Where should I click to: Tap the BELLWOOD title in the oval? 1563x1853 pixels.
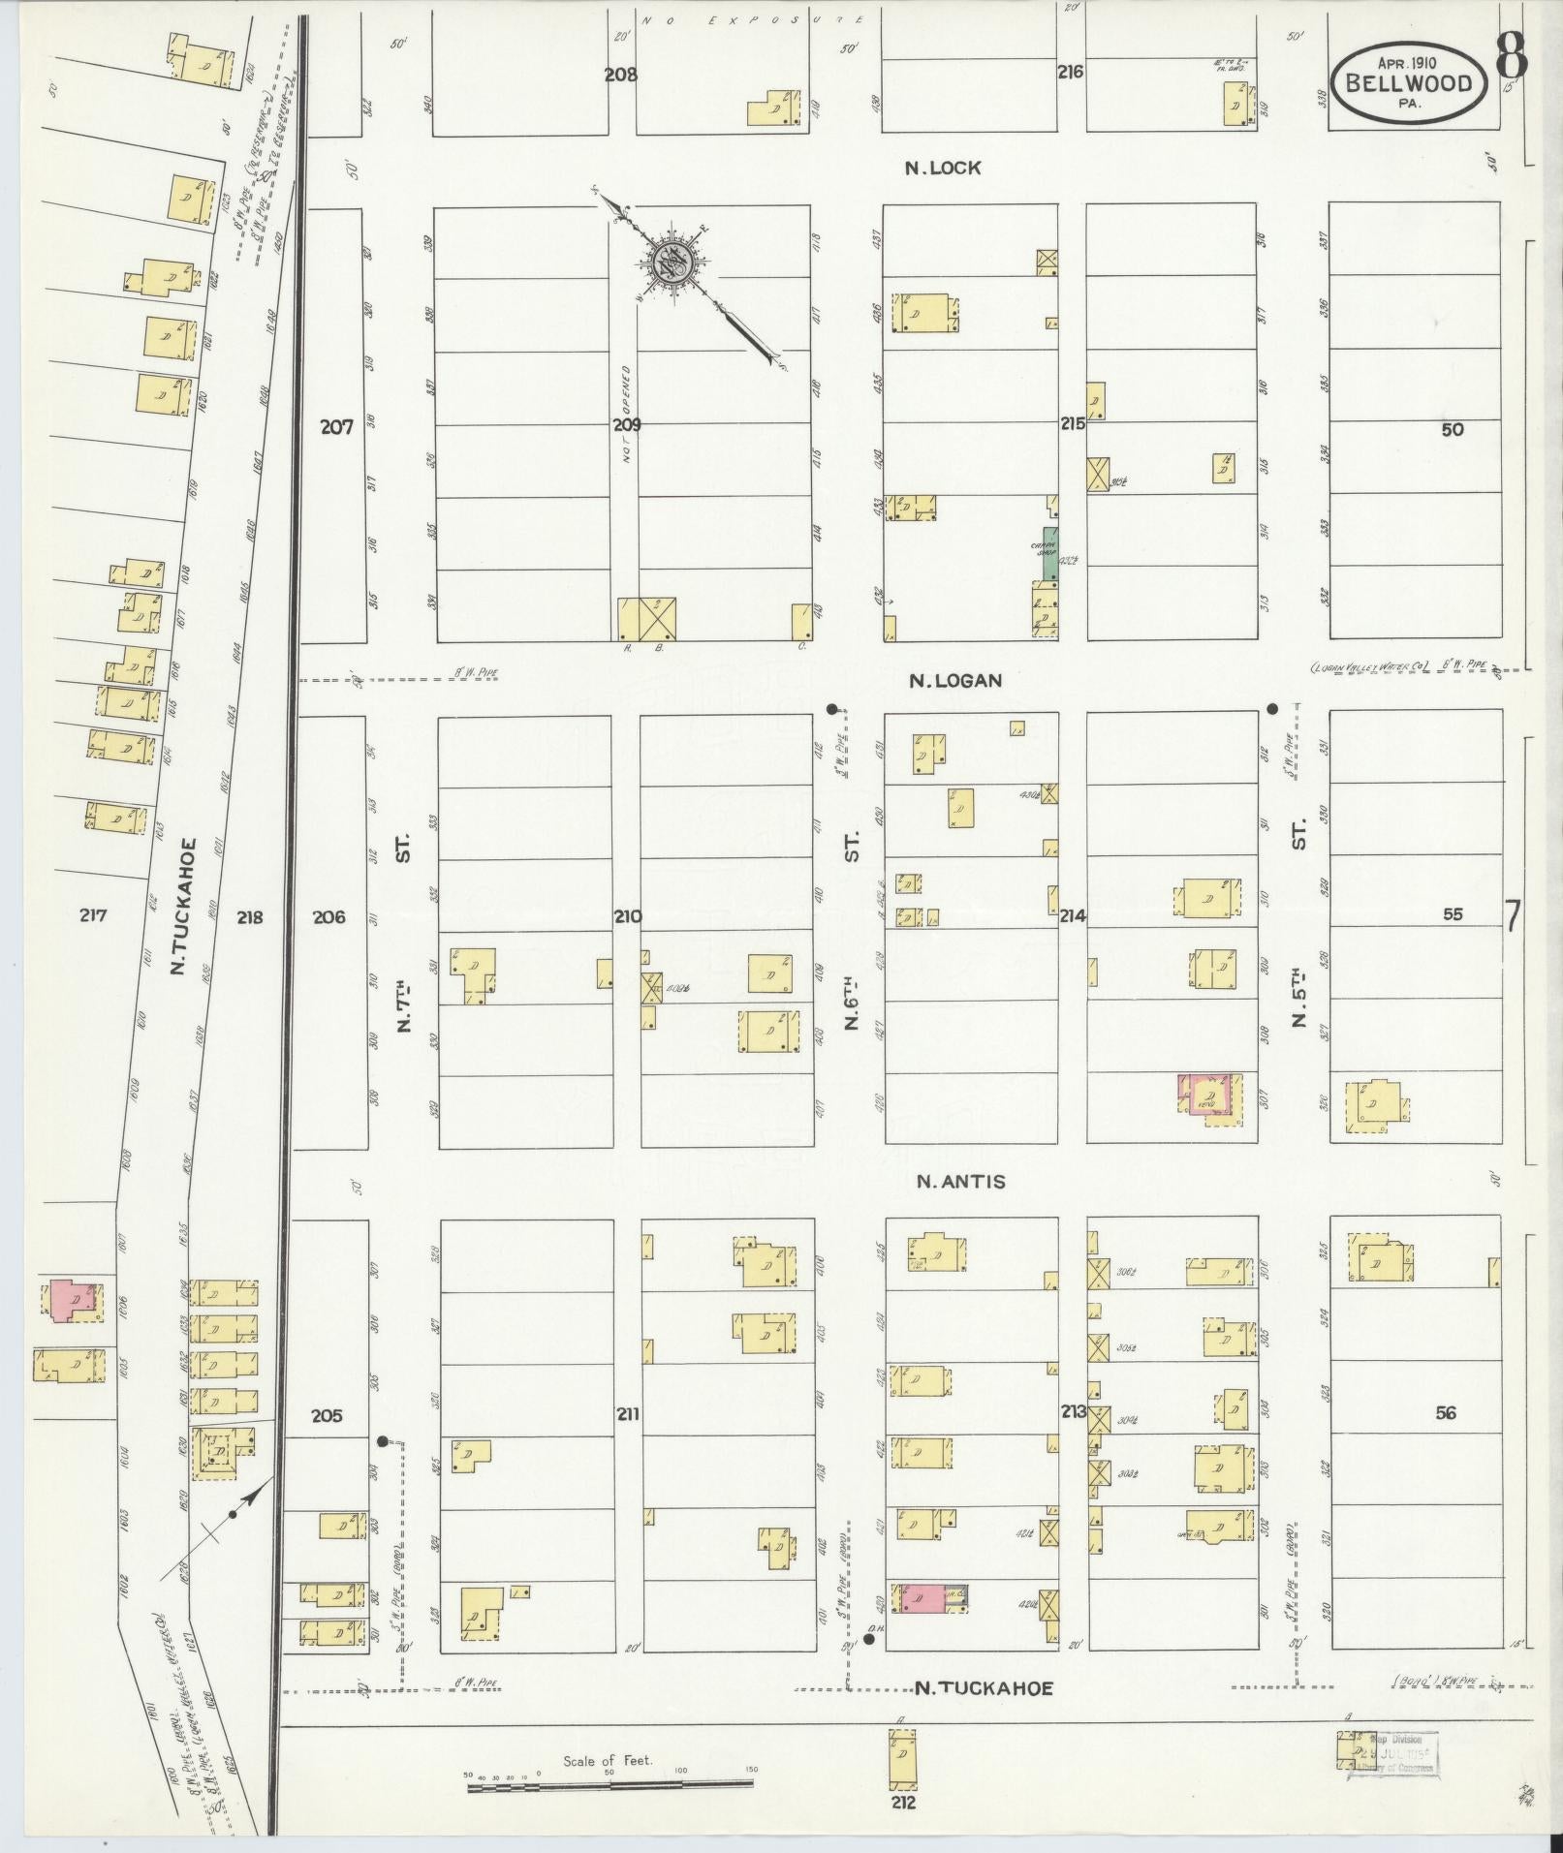1407,82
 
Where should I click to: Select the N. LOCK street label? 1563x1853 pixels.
943,168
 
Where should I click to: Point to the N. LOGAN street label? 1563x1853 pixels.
955,681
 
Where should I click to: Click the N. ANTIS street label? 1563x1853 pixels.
961,1182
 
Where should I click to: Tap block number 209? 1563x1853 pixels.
627,424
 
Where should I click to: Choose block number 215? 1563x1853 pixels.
1072,423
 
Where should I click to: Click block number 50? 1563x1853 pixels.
1452,430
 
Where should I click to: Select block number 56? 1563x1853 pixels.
1445,1413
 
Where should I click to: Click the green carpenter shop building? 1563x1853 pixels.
1049,554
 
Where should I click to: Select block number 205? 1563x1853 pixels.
327,1415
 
